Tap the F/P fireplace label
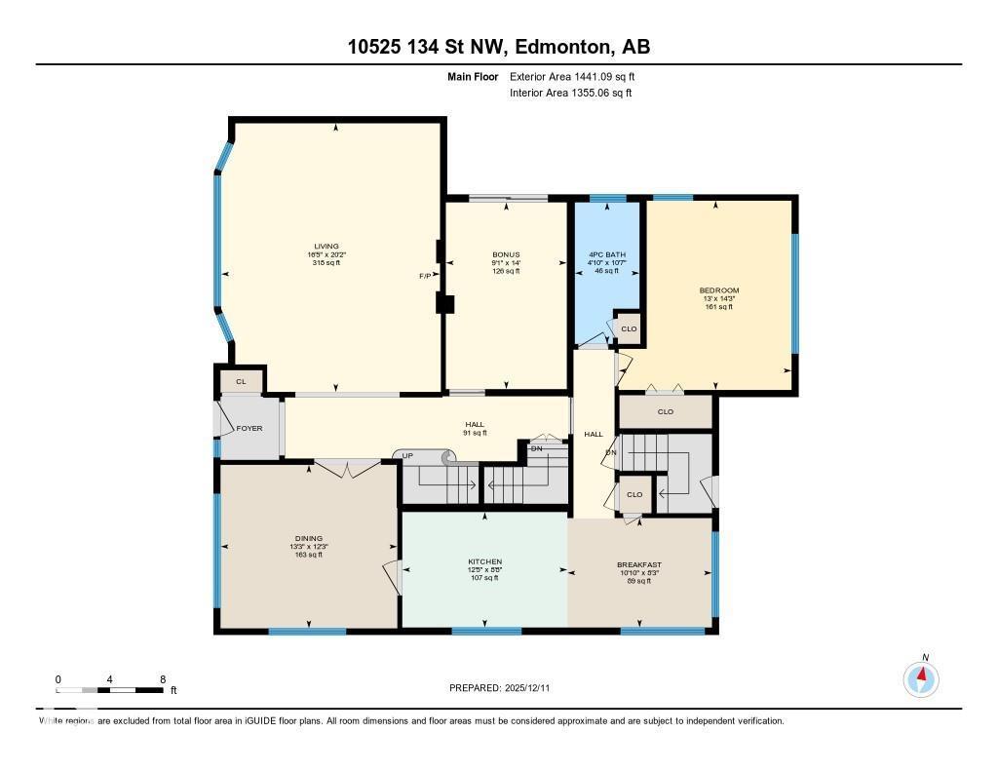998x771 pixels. pos(425,276)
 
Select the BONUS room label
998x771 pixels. pos(506,255)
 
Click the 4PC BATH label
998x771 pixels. pos(606,255)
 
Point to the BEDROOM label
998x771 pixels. pos(718,290)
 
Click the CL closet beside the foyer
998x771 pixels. pos(241,381)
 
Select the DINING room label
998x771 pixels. pos(308,538)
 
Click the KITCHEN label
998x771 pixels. pos(484,562)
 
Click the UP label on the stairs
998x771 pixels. pos(408,455)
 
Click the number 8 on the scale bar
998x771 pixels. pos(163,678)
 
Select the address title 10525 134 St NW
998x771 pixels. pos(498,47)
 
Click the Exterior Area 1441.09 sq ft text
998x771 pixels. pos(572,76)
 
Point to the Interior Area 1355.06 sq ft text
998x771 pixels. pos(571,94)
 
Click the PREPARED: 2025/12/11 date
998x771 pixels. pos(505,688)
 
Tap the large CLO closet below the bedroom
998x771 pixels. pos(666,412)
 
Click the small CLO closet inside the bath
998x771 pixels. pos(629,328)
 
